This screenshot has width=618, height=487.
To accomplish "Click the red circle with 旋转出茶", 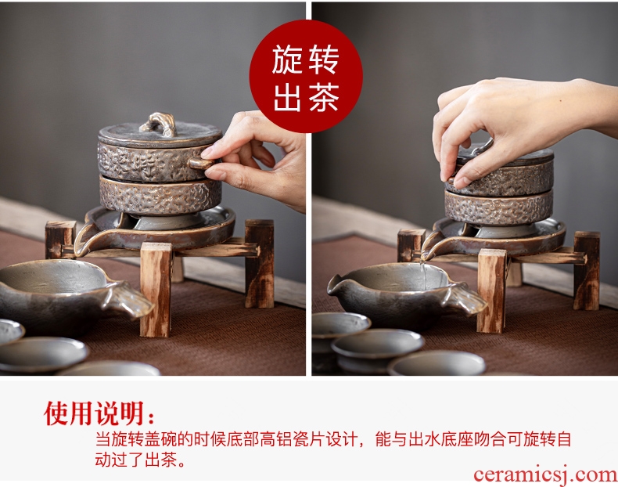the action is [x=306, y=76].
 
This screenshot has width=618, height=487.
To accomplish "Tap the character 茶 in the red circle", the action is [x=324, y=97].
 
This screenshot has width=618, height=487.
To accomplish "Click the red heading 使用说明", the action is [x=95, y=413].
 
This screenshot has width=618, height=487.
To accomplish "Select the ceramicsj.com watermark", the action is [x=545, y=474].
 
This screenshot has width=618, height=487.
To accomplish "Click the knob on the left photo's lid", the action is [x=159, y=124].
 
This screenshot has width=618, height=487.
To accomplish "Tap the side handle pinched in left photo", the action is [x=201, y=163].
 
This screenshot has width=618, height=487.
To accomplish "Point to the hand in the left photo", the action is [x=256, y=157].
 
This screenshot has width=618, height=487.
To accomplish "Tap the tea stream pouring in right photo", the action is [x=423, y=272].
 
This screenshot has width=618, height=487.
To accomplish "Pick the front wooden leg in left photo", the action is [x=156, y=290].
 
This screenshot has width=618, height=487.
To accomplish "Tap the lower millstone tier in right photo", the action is [x=499, y=207].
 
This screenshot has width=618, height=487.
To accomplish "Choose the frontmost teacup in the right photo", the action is [x=437, y=363].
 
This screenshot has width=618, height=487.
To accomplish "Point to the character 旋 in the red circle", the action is [x=287, y=60].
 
